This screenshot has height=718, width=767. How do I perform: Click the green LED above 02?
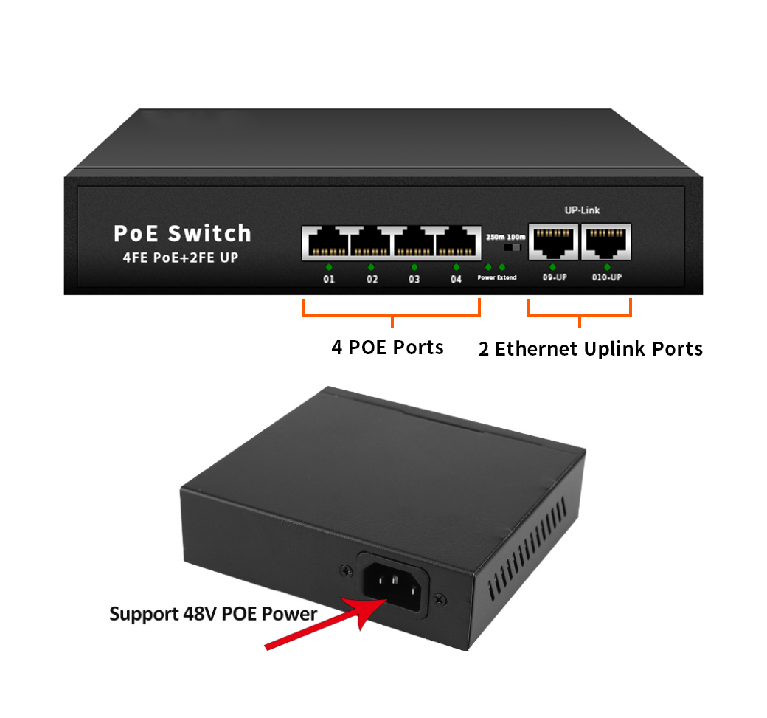(371, 267)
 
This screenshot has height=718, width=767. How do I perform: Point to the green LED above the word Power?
(488, 266)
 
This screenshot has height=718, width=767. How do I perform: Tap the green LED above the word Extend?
(502, 266)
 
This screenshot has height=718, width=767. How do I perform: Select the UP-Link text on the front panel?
(582, 210)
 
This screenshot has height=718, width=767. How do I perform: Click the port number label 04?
(456, 280)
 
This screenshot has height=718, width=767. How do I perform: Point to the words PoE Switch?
(182, 233)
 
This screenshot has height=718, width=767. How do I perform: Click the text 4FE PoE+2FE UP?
(180, 258)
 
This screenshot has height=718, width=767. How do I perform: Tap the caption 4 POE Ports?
(387, 347)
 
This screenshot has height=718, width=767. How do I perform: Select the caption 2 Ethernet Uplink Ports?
(590, 348)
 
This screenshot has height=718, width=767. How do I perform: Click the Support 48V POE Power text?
(213, 613)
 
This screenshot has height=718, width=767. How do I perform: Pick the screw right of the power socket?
(440, 598)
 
